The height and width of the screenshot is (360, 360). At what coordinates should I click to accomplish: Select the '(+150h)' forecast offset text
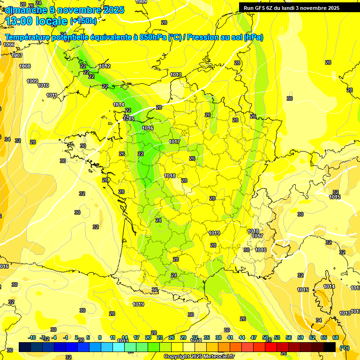pyautogui.click(x=83, y=21)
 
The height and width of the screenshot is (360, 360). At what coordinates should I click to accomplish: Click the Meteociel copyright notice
pyautogui.click(x=199, y=356)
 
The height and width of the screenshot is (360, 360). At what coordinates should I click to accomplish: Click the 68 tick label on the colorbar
pyautogui.click(x=335, y=337)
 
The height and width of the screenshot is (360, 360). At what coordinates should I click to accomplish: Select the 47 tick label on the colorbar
pyautogui.click(x=254, y=337)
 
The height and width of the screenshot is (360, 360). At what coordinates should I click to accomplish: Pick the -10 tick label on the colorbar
pyautogui.click(x=32, y=337)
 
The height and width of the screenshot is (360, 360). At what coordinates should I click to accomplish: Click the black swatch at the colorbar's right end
pyautogui.click(x=330, y=347)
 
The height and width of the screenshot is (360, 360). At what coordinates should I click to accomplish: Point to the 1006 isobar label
pyautogui.click(x=9, y=45)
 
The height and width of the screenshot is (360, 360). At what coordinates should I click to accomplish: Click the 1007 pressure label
pyautogui.click(x=17, y=55)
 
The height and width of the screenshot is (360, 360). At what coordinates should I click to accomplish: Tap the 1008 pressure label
pyautogui.click(x=25, y=66)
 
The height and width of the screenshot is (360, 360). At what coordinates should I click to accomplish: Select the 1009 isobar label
pyautogui.click(x=32, y=81)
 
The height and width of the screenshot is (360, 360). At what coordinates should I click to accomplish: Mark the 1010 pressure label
pyautogui.click(x=43, y=85)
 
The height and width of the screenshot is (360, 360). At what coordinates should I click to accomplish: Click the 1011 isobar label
pyautogui.click(x=52, y=95)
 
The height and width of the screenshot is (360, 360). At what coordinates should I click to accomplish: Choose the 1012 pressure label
pyautogui.click(x=105, y=66)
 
